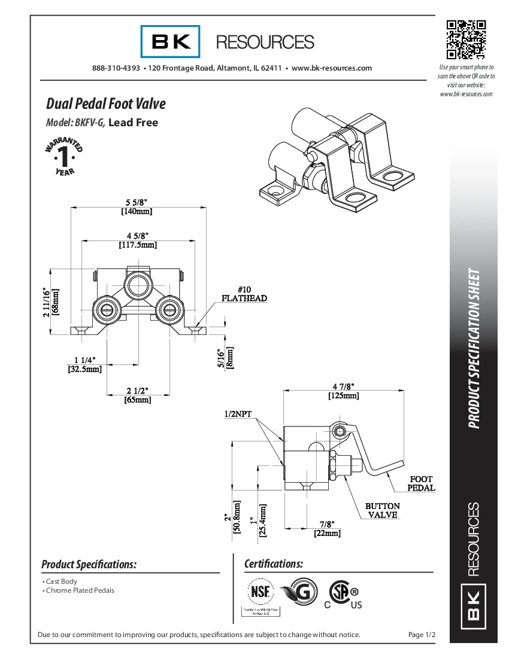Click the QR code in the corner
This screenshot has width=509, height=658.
click(x=466, y=39)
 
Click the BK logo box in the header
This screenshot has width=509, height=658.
click(x=171, y=41)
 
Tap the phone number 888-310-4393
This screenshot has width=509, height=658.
click(x=116, y=68)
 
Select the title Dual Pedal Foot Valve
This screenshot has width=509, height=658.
click(x=106, y=104)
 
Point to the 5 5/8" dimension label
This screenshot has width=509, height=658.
click(x=137, y=203)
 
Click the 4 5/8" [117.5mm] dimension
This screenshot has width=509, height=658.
click(x=138, y=240)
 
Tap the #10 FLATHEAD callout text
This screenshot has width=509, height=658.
click(x=244, y=294)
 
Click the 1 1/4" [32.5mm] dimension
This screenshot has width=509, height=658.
click(x=84, y=364)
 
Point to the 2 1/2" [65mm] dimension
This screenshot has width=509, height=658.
click(x=138, y=395)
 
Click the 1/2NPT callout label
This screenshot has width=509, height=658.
click(x=238, y=414)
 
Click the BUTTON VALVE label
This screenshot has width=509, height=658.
click(x=383, y=510)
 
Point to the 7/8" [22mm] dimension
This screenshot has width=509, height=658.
click(x=327, y=528)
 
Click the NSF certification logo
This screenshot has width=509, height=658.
click(x=260, y=592)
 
